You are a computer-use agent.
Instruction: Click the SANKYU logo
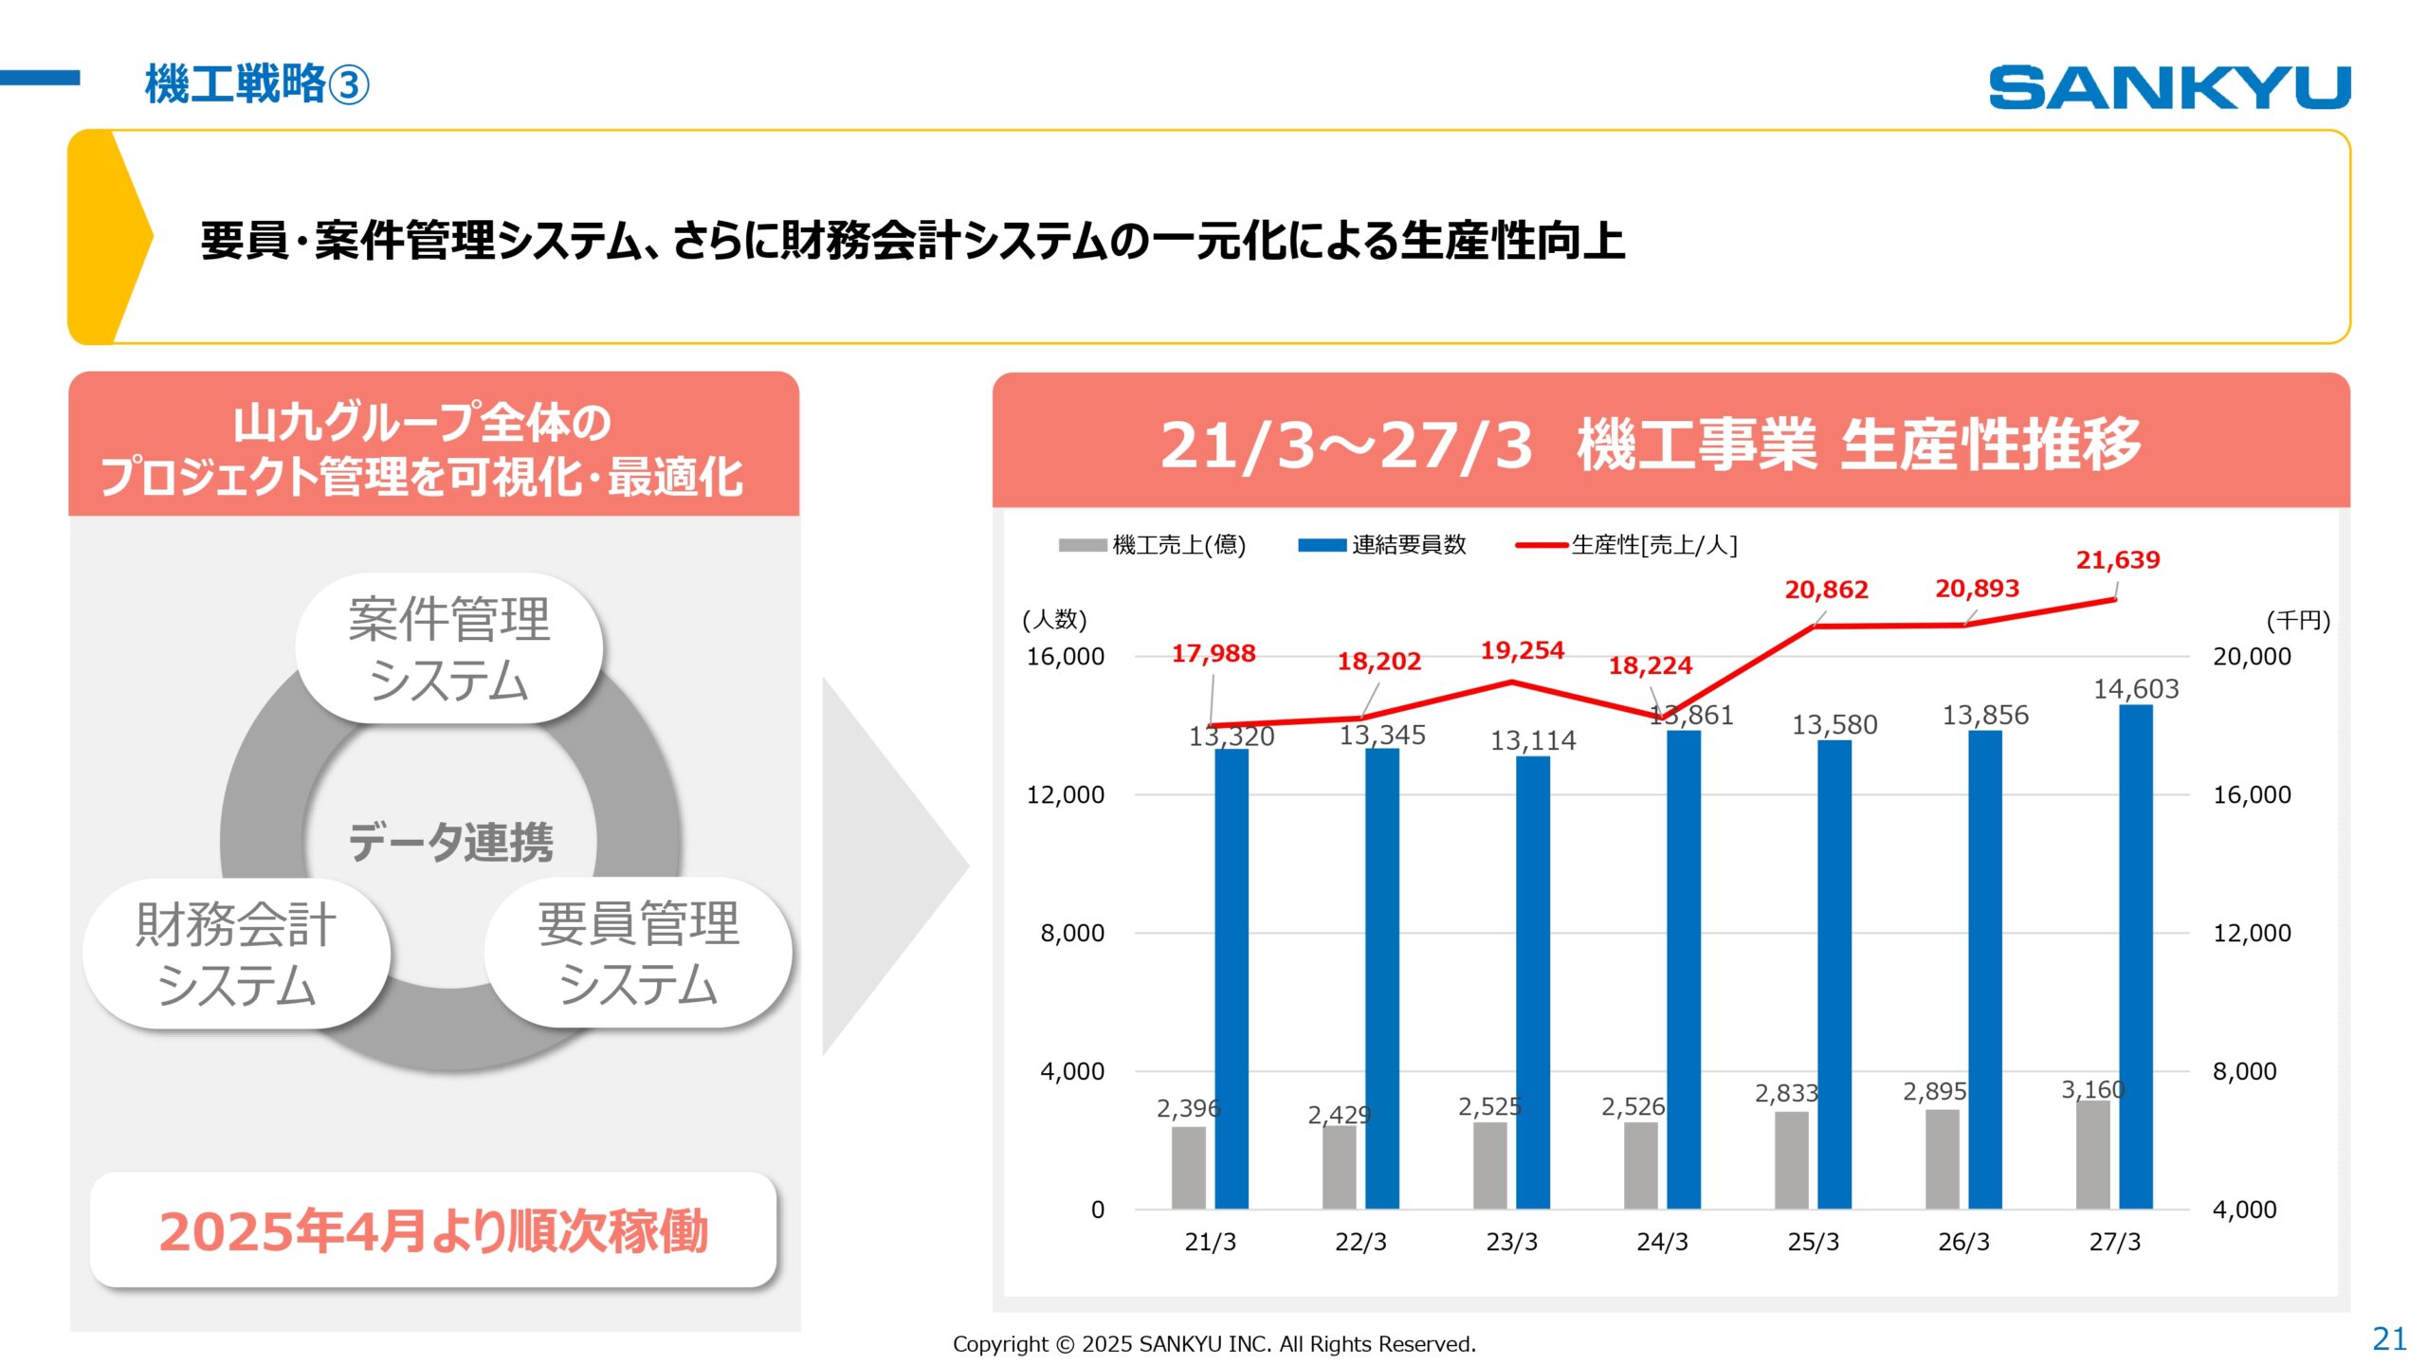coord(2168,87)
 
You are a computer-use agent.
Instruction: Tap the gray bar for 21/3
coord(1188,1167)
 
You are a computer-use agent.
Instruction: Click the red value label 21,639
coord(2117,560)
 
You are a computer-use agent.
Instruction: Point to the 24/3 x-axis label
coord(1662,1242)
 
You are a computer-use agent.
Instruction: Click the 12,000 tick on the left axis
coord(1066,794)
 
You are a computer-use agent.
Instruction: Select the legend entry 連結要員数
coord(1408,545)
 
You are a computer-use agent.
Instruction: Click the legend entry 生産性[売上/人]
coord(1652,545)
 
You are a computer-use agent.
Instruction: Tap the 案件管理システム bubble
coord(448,649)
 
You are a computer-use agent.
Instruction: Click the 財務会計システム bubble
coord(236,954)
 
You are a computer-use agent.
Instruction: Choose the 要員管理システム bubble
coord(637,953)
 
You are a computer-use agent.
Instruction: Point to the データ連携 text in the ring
coord(450,842)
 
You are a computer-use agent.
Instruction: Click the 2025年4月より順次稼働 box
coord(433,1230)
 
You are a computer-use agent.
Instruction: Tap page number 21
coord(2388,1338)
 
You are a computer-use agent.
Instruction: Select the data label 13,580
coord(1834,725)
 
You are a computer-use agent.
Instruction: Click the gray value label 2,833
coord(1785,1093)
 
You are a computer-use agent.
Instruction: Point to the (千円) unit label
coord(2297,621)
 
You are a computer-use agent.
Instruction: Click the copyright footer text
coord(1213,1344)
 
